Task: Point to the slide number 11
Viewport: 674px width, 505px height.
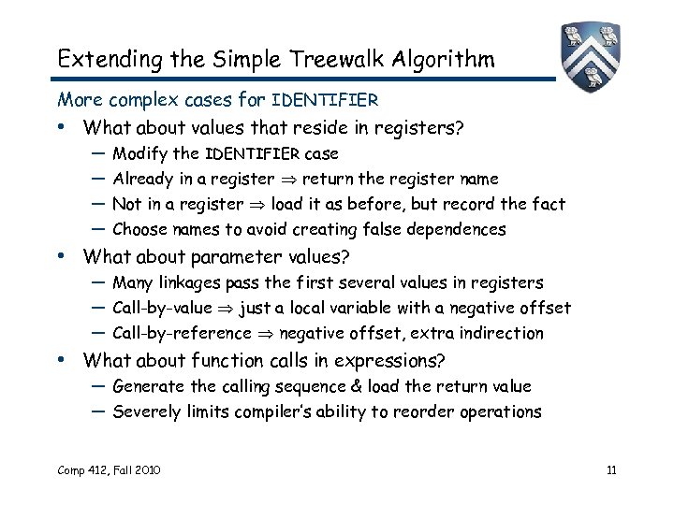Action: (611, 469)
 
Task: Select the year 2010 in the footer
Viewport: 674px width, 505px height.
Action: (144, 469)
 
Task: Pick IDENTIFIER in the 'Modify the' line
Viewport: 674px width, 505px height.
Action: (252, 153)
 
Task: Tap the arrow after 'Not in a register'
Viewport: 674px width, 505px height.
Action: (256, 204)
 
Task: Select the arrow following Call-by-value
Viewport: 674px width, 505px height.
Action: (226, 308)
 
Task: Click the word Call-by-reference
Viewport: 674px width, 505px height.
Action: (182, 333)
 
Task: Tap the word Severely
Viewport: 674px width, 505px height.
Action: (144, 411)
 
